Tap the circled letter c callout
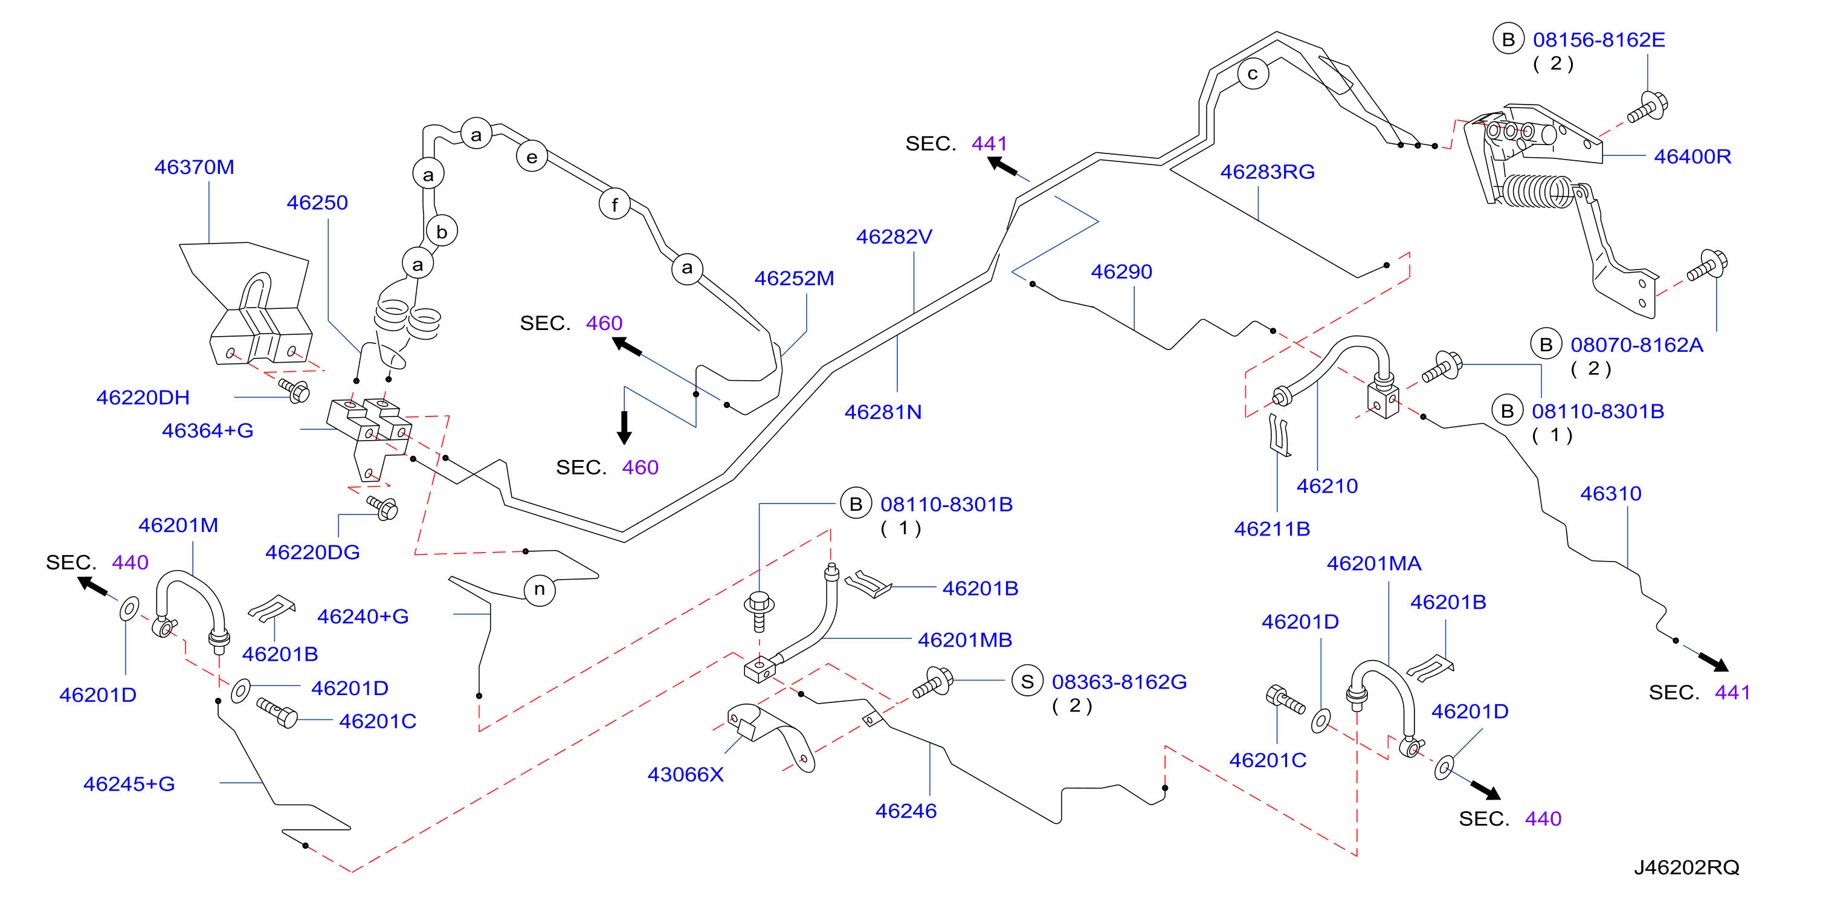(x=1253, y=74)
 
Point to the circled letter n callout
(x=540, y=589)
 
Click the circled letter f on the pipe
(x=615, y=205)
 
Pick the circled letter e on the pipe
(x=532, y=157)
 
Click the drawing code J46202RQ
(x=1686, y=867)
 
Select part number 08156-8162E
(x=1599, y=40)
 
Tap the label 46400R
(x=1692, y=156)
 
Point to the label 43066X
(x=685, y=774)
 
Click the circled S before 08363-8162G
(x=1027, y=681)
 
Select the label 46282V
(x=894, y=237)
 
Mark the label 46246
(x=906, y=811)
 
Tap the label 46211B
(x=1272, y=529)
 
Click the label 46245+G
(x=129, y=783)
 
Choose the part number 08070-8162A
(x=1637, y=345)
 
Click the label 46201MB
(x=965, y=640)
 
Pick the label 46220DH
(x=143, y=398)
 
